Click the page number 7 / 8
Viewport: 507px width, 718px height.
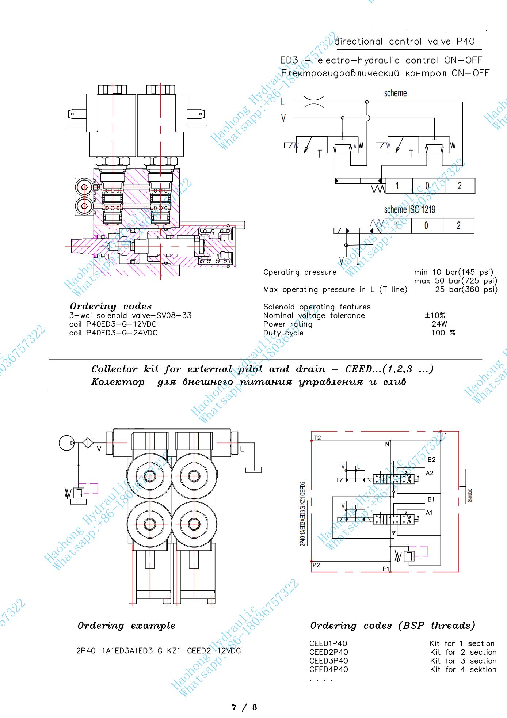pyautogui.click(x=244, y=707)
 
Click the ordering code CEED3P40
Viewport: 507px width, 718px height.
pyautogui.click(x=328, y=661)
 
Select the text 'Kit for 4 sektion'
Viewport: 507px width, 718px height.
pyautogui.click(x=463, y=669)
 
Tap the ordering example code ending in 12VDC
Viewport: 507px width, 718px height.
pyautogui.click(x=159, y=651)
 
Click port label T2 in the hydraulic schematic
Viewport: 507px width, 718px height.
pyautogui.click(x=317, y=438)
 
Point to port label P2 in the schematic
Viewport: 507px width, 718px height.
pyautogui.click(x=316, y=565)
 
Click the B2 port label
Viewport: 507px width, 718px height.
pyautogui.click(x=431, y=460)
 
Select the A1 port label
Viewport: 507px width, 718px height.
pyautogui.click(x=429, y=513)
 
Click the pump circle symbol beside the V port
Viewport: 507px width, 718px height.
pyautogui.click(x=67, y=443)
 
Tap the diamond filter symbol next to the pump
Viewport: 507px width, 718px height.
pyautogui.click(x=88, y=443)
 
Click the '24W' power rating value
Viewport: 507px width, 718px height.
pyautogui.click(x=439, y=324)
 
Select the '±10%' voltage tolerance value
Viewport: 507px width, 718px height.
pyautogui.click(x=434, y=316)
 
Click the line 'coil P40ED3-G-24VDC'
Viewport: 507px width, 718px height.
pyautogui.click(x=113, y=333)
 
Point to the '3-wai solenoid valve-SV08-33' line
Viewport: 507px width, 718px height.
pyautogui.click(x=130, y=316)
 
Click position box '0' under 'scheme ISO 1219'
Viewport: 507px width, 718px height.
pyautogui.click(x=426, y=225)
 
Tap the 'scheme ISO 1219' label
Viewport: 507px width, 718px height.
pyautogui.click(x=409, y=210)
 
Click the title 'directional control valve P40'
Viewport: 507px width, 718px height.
pyautogui.click(x=405, y=42)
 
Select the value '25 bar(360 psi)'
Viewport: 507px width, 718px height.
pyautogui.click(x=466, y=290)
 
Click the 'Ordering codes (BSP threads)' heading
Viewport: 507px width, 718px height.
pyautogui.click(x=393, y=626)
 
